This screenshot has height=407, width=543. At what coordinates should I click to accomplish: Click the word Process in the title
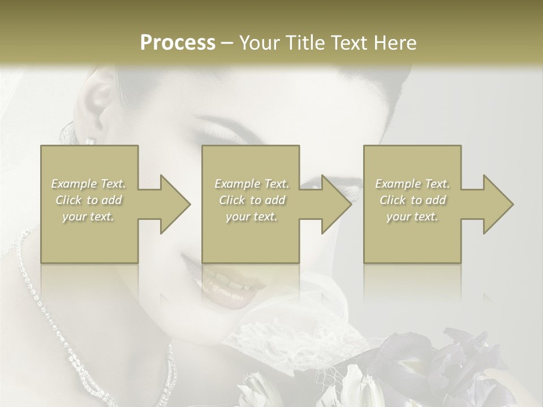pyautogui.click(x=178, y=43)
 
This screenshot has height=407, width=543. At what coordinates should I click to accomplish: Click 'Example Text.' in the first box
pyautogui.click(x=88, y=184)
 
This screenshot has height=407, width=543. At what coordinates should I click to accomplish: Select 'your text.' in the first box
pyautogui.click(x=88, y=217)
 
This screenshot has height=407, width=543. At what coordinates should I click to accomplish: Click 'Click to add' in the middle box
pyautogui.click(x=252, y=200)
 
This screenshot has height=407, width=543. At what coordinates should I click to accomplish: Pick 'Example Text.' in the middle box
pyautogui.click(x=252, y=184)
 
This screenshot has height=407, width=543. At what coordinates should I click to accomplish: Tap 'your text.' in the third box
pyautogui.click(x=412, y=217)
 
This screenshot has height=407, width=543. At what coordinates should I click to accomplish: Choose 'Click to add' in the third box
pyautogui.click(x=412, y=200)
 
